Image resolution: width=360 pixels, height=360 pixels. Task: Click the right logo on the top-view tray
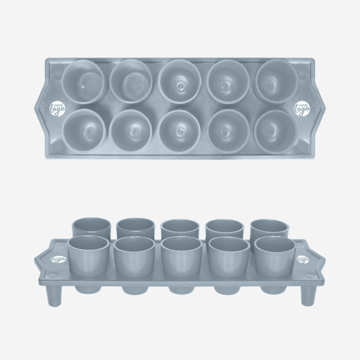pyautogui.click(x=302, y=109)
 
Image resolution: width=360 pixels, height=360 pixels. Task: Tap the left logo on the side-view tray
pyautogui.click(x=58, y=259)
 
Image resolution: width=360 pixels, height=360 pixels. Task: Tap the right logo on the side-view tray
pyautogui.click(x=302, y=259)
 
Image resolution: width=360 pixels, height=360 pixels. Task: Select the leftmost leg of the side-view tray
pyautogui.click(x=52, y=295)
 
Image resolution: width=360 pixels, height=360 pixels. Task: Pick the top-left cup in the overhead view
pyautogui.click(x=83, y=82)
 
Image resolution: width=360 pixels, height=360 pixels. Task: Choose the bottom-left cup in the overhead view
pyautogui.click(x=83, y=129)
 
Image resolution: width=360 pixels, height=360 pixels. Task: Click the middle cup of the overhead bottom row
pyautogui.click(x=179, y=129)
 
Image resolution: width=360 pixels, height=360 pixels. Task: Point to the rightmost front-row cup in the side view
pyautogui.click(x=274, y=256)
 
